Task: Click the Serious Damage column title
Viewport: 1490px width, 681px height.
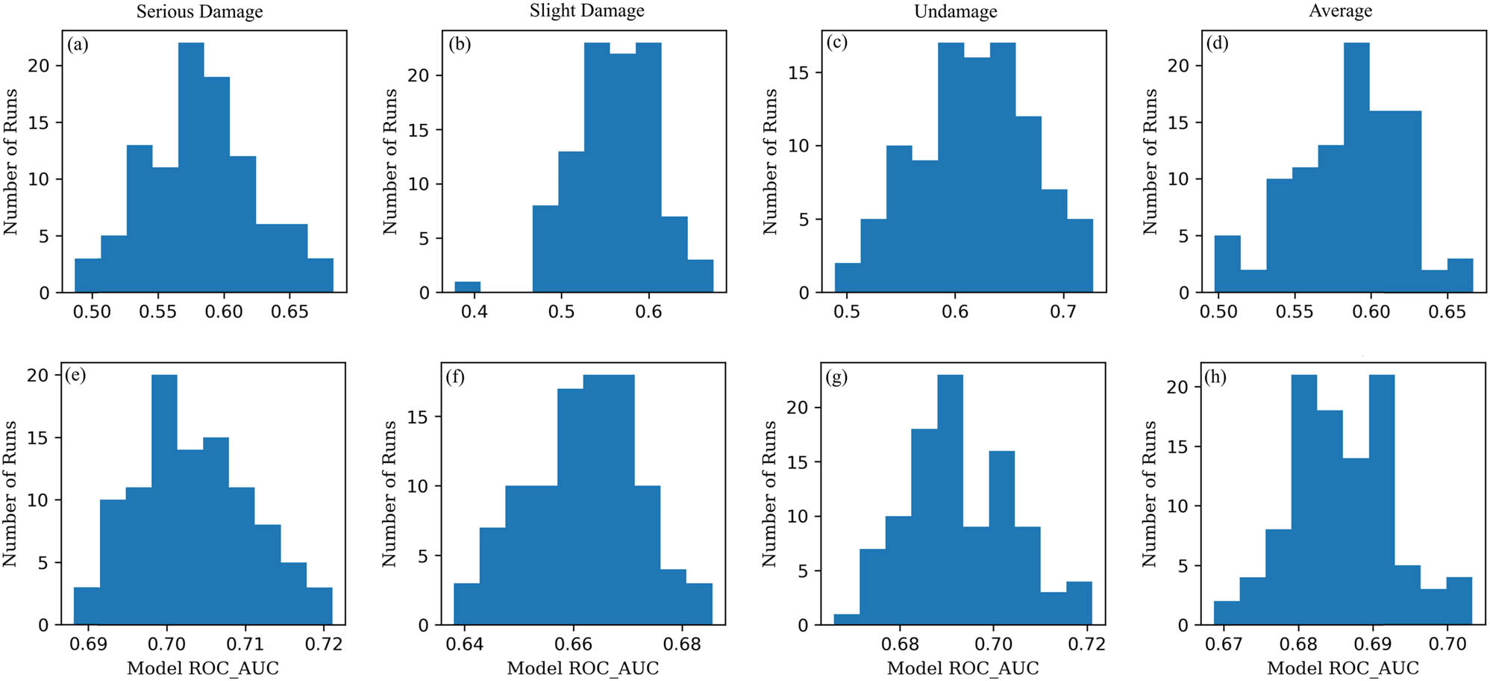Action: click(199, 12)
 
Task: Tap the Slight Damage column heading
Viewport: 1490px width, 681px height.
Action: click(586, 11)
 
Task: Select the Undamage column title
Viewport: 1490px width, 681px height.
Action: click(955, 12)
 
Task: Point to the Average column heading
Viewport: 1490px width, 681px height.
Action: click(1340, 11)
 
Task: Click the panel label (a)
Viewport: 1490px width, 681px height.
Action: click(78, 44)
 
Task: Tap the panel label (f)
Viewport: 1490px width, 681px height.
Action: click(455, 376)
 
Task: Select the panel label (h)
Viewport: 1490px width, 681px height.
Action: click(1215, 376)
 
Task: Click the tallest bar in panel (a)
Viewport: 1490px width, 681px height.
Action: click(191, 168)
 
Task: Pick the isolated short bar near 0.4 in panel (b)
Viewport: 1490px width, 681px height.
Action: click(468, 287)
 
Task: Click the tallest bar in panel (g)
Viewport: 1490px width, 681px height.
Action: click(950, 500)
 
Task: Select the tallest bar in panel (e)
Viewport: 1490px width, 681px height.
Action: click(164, 500)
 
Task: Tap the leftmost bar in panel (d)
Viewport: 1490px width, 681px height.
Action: click(1227, 264)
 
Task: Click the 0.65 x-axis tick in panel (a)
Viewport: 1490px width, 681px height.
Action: click(289, 311)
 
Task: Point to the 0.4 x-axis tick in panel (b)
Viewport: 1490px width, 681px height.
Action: click(474, 311)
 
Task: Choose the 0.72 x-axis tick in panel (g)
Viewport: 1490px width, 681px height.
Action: click(1086, 644)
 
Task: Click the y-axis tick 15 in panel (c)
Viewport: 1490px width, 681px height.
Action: click(798, 73)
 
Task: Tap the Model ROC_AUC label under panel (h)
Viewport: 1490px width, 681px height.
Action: click(1342, 668)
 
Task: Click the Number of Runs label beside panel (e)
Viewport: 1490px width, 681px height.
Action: click(10, 494)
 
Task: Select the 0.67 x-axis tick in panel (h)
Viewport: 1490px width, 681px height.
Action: click(1224, 644)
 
